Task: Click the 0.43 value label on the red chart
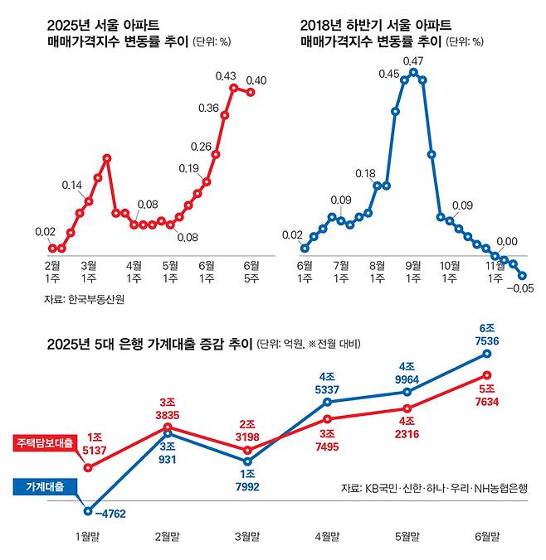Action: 226,75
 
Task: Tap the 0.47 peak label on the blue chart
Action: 413,60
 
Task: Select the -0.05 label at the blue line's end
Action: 522,288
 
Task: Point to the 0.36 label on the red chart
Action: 209,108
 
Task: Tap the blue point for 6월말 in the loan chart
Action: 488,354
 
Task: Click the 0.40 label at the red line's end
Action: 256,80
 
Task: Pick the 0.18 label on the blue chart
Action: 366,174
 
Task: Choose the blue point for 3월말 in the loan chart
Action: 246,461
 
